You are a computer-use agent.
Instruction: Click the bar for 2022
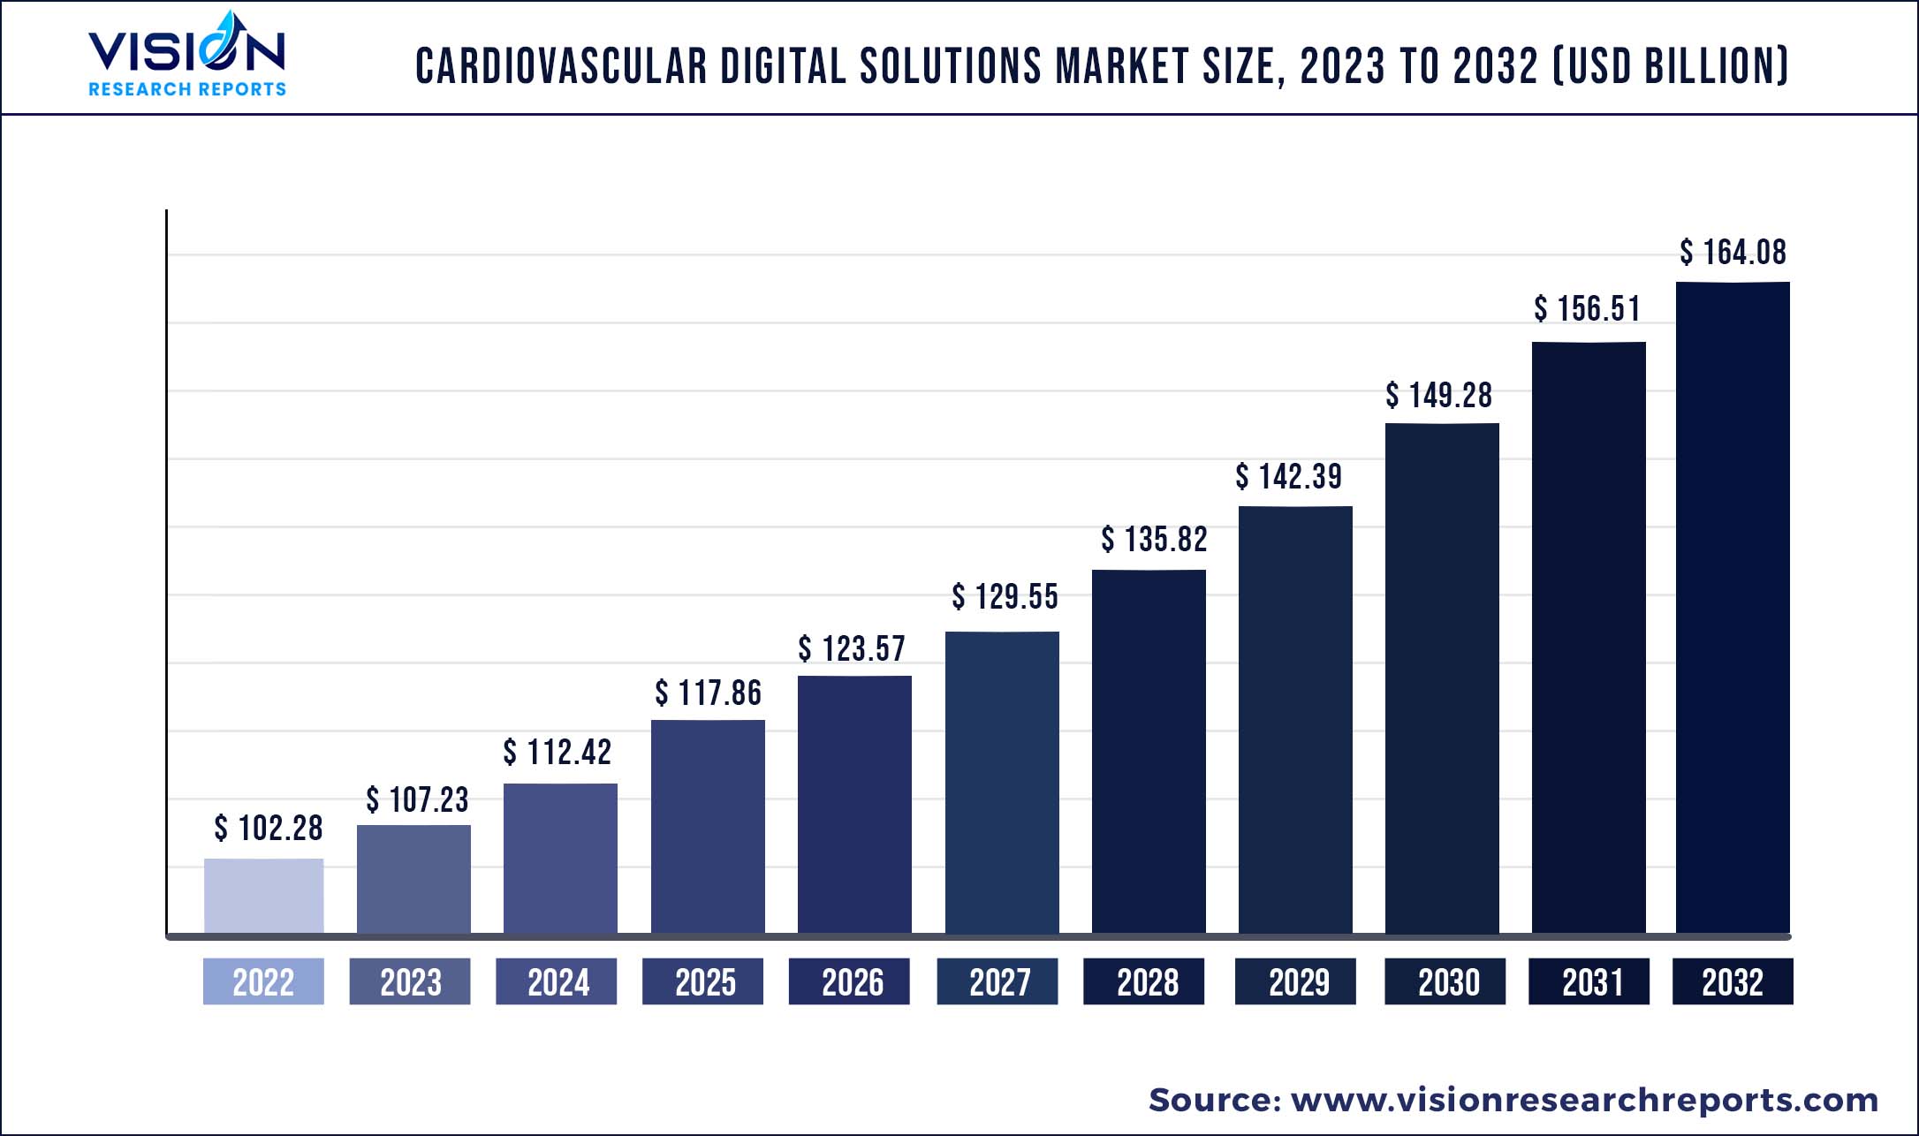(x=263, y=895)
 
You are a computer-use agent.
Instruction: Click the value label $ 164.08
(x=1733, y=253)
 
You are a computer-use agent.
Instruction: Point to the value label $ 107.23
(x=417, y=800)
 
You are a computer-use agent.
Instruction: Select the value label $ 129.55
(x=1005, y=597)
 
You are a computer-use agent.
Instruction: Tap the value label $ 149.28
(x=1438, y=396)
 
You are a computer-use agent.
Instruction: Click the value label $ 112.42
(x=557, y=753)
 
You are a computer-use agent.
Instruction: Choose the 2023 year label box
(x=410, y=981)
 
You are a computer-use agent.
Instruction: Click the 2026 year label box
(x=849, y=981)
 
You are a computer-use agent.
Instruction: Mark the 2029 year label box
(x=1295, y=981)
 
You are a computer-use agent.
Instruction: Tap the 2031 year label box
(x=1589, y=981)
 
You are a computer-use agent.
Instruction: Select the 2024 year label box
(x=557, y=981)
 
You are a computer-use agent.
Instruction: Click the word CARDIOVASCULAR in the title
(x=561, y=66)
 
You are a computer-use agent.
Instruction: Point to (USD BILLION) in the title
(x=1670, y=66)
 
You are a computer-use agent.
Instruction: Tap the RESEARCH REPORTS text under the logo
(x=186, y=89)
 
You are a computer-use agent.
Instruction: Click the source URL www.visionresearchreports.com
(x=1584, y=1100)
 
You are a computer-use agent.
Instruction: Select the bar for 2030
(x=1442, y=678)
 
